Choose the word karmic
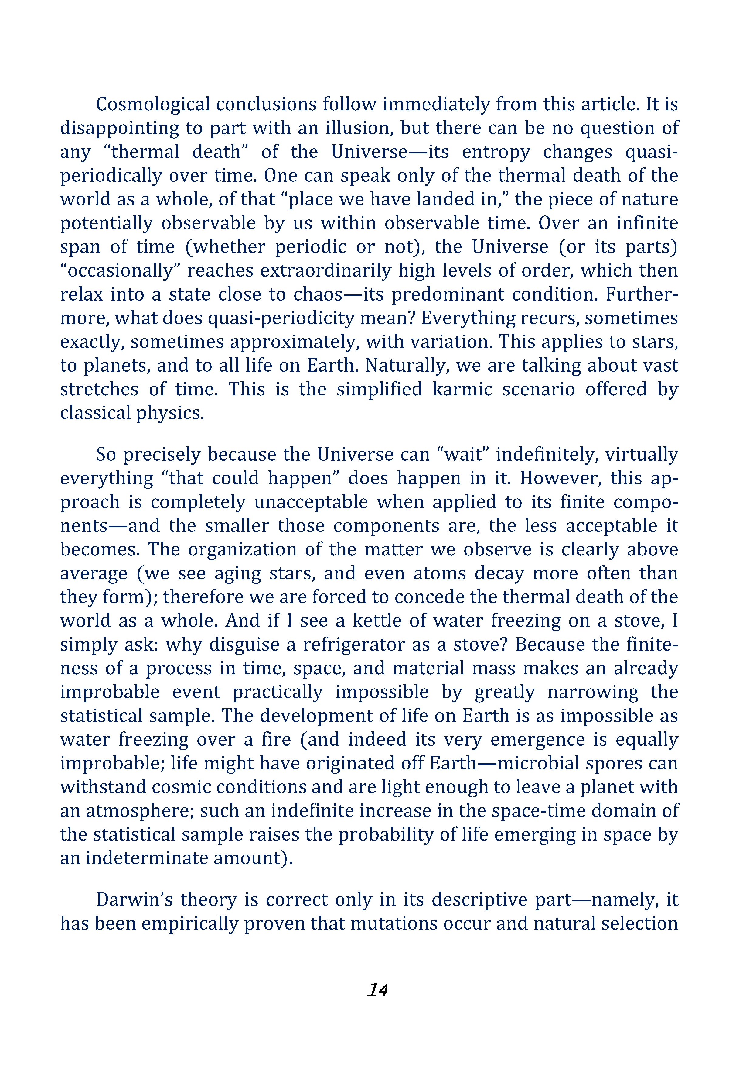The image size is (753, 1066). click(462, 389)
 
